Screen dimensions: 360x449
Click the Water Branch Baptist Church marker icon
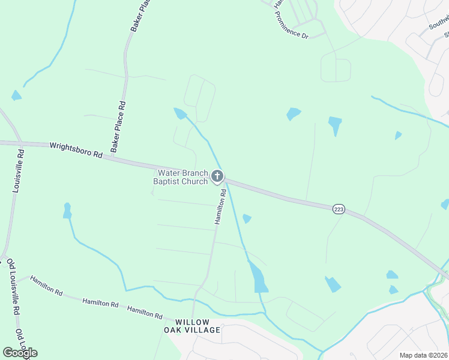217,176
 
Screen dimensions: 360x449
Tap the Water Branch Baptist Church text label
180,177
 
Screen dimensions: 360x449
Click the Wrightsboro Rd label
76,149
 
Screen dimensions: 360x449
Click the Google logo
20,352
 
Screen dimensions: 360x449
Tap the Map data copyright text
423,355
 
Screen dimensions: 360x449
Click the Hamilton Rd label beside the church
221,206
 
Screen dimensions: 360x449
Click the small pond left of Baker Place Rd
16,95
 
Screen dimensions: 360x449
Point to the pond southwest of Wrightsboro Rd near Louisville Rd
67,211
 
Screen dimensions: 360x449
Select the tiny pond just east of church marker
247,219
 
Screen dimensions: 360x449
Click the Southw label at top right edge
438,23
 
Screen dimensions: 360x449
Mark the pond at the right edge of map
445,205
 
